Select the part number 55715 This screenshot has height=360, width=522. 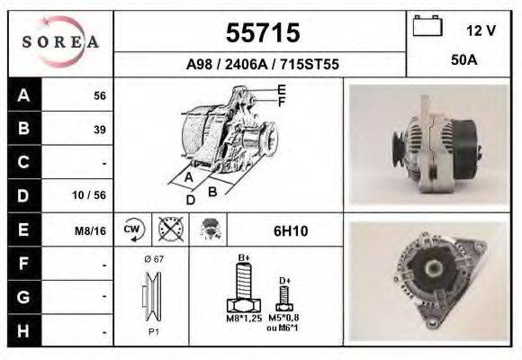pyautogui.click(x=262, y=33)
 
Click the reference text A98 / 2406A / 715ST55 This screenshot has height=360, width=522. pyautogui.click(x=261, y=65)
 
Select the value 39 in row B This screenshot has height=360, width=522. pyautogui.click(x=99, y=130)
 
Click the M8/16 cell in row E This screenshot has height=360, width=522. pyautogui.click(x=92, y=230)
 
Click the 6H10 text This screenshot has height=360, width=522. pyautogui.click(x=290, y=230)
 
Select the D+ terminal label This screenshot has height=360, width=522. pyautogui.click(x=284, y=280)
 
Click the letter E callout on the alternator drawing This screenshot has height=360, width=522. pyautogui.click(x=282, y=89)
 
